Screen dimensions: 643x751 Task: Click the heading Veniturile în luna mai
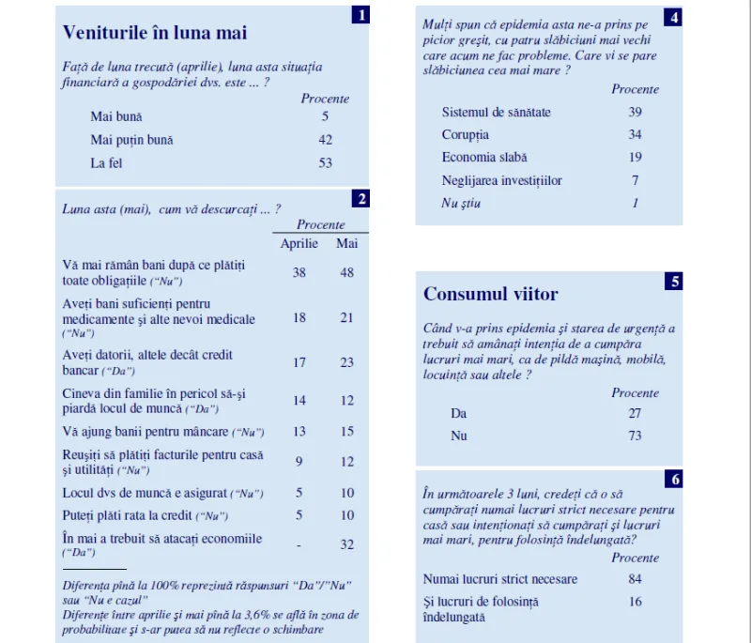click(154, 33)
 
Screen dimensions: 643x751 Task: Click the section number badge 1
click(360, 14)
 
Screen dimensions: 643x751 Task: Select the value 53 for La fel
click(325, 163)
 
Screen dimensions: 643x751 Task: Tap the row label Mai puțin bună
click(131, 140)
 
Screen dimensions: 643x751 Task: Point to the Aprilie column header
click(299, 244)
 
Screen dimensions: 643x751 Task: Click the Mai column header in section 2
click(346, 244)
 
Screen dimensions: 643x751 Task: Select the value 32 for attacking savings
click(346, 543)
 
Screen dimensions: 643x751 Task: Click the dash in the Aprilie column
click(299, 543)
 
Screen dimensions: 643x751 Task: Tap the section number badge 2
click(360, 198)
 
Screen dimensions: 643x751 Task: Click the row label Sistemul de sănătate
click(496, 113)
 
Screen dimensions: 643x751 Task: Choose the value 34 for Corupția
click(635, 135)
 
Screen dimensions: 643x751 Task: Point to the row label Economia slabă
click(484, 158)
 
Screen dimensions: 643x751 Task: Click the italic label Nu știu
click(461, 203)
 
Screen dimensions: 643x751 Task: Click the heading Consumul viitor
click(490, 294)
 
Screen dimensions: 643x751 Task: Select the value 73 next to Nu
click(635, 436)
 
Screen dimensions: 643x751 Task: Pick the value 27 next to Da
click(635, 414)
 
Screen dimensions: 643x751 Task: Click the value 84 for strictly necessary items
click(635, 579)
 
